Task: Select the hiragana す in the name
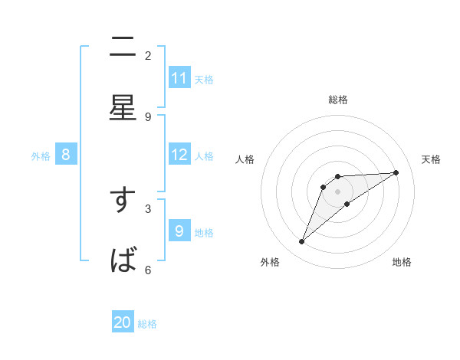(123, 201)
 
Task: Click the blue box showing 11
(179, 78)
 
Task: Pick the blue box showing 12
(179, 155)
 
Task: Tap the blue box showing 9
(179, 231)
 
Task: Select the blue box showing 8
(66, 155)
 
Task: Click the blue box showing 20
(123, 322)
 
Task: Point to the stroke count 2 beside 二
(148, 55)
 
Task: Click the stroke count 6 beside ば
(148, 270)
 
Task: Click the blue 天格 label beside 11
(204, 79)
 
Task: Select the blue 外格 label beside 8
(41, 155)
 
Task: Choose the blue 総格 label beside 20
(147, 324)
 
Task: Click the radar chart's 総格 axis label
(338, 100)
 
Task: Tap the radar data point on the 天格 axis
(396, 172)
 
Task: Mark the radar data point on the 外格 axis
(301, 242)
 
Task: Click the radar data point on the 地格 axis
(347, 204)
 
